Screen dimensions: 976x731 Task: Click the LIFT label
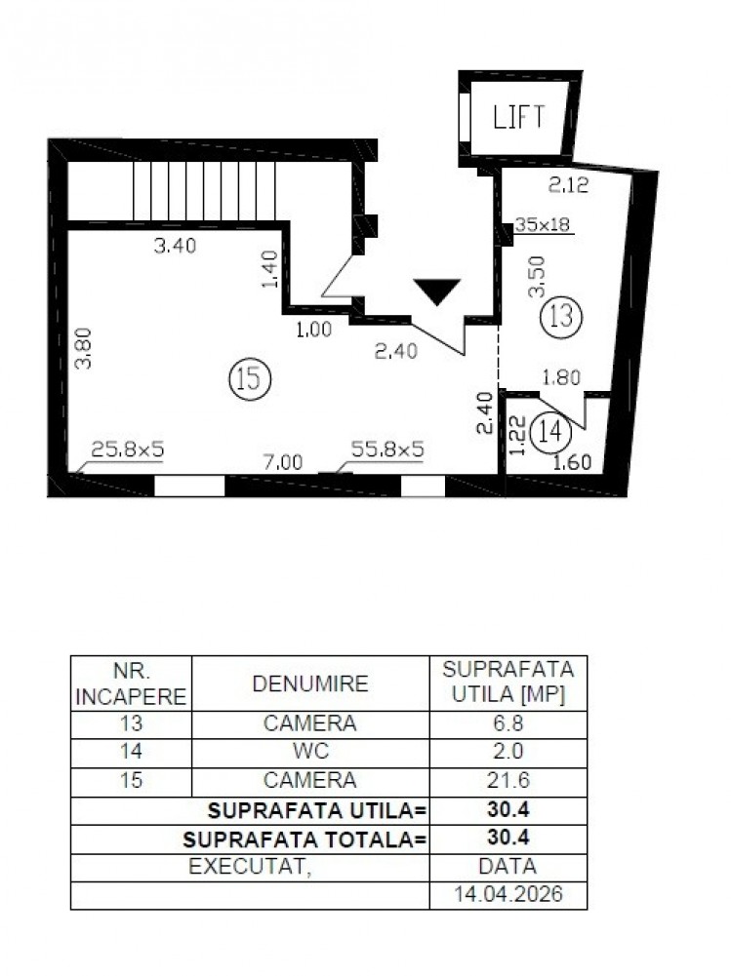coord(518,118)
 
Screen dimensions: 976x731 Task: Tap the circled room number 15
coord(248,379)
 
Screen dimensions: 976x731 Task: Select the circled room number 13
coord(560,315)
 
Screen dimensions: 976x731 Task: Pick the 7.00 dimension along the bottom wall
coord(283,462)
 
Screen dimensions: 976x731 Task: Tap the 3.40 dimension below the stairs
coord(176,246)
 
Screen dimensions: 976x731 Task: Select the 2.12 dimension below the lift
coord(568,184)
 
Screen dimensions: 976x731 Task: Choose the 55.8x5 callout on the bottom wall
coord(387,449)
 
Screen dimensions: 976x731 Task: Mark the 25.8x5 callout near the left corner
coord(128,449)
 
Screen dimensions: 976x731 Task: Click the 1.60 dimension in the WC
coord(572,463)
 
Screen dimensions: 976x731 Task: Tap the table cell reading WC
coord(310,753)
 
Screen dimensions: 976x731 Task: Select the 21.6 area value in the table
coord(508,781)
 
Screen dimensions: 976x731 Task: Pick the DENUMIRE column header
coord(310,683)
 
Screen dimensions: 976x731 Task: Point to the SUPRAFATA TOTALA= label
coord(305,838)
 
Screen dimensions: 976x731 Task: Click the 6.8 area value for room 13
coord(508,724)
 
